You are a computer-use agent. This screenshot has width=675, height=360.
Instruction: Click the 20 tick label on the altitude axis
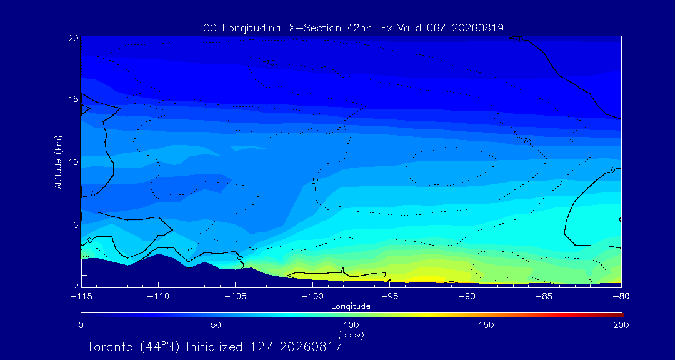(x=72, y=38)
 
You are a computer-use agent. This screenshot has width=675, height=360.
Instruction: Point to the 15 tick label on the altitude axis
(x=72, y=99)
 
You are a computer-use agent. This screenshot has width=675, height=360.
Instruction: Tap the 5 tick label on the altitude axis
(x=75, y=224)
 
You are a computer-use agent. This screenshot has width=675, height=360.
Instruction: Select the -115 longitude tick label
(x=81, y=297)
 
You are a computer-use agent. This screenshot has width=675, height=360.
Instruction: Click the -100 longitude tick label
(x=312, y=297)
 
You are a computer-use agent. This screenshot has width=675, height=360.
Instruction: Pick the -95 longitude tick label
(x=389, y=297)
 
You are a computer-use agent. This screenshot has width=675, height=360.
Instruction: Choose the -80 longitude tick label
(x=621, y=297)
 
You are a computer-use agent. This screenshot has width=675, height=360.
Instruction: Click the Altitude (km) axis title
(x=59, y=162)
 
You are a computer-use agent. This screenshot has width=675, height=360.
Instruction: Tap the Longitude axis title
(x=351, y=307)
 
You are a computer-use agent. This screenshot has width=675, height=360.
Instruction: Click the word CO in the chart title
(x=209, y=28)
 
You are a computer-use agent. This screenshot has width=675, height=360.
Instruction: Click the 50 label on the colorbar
(x=216, y=325)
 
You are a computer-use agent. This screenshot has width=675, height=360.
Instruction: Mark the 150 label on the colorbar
(x=486, y=325)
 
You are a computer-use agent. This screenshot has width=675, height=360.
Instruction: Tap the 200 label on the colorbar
(x=621, y=325)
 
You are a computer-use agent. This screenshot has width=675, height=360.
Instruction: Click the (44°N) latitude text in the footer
(x=161, y=347)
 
